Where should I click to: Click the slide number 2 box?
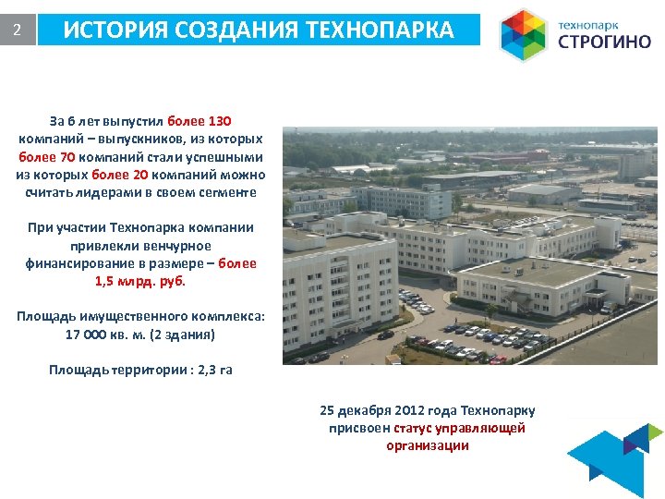(18, 30)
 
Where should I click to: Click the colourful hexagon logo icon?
(523, 35)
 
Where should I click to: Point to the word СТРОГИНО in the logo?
(605, 43)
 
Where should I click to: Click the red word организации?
(427, 445)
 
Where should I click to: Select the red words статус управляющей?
(459, 428)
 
